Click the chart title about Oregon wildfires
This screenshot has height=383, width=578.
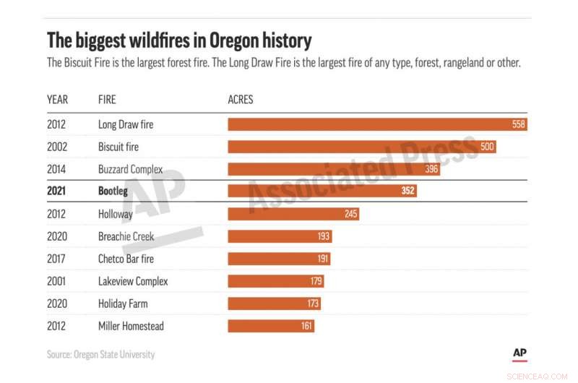tap(179, 39)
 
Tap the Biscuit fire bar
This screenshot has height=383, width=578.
tap(354, 147)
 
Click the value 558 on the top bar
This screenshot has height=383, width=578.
tap(518, 124)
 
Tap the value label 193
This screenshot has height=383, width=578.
tap(323, 236)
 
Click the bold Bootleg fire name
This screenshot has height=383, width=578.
tap(113, 191)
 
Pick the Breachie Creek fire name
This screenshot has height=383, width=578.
tap(126, 236)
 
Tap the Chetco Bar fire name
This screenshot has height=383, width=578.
tap(126, 259)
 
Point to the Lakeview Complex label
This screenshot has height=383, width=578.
tap(133, 281)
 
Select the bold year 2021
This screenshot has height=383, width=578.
tap(57, 191)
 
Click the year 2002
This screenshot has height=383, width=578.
tap(57, 147)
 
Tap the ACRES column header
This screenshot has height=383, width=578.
tap(241, 99)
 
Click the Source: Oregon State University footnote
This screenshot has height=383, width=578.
tap(100, 354)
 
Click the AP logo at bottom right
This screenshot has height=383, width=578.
tap(519, 353)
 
